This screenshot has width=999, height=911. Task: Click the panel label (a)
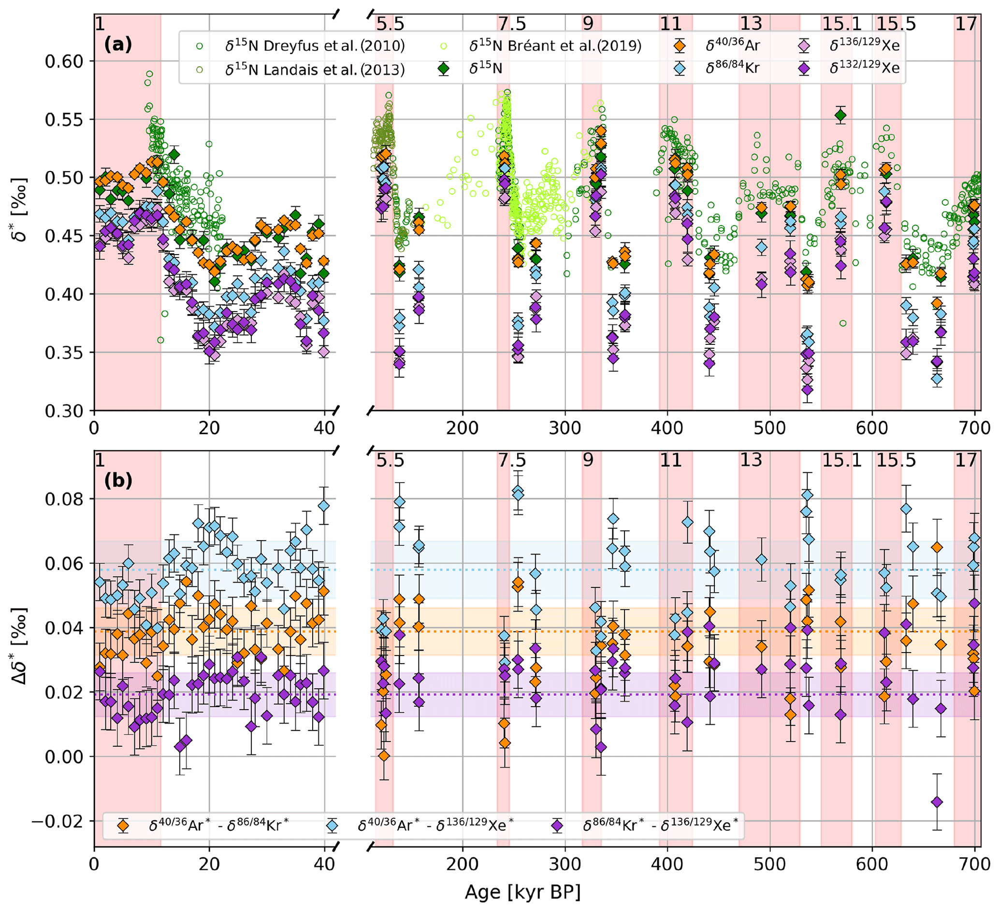coord(118,45)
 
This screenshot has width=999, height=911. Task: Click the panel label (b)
coord(118,481)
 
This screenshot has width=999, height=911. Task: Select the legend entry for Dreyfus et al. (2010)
coord(314,46)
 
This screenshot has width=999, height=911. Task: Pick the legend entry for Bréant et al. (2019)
coord(554,46)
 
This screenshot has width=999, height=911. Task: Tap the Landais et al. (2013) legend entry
coord(314,70)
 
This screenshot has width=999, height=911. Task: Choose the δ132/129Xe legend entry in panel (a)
coord(864,69)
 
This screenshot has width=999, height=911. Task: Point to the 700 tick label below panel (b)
coord(975,865)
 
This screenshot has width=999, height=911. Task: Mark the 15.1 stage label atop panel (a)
coord(842,24)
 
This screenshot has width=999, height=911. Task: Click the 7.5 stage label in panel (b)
coord(512,460)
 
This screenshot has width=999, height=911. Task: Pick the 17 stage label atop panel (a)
coord(966,24)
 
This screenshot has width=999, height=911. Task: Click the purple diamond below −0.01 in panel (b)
coord(937,802)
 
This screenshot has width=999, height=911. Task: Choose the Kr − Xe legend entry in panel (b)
coord(660,826)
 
